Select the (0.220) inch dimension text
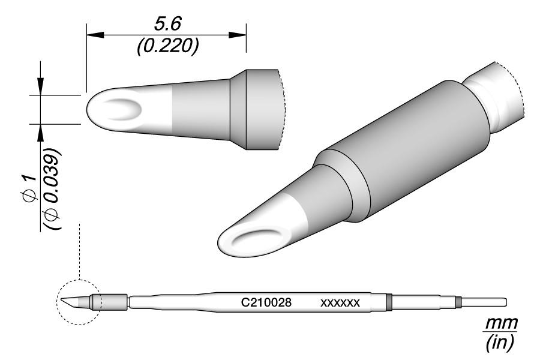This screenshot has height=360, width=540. point(167,47)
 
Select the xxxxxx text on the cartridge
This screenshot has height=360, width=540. point(340,303)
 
